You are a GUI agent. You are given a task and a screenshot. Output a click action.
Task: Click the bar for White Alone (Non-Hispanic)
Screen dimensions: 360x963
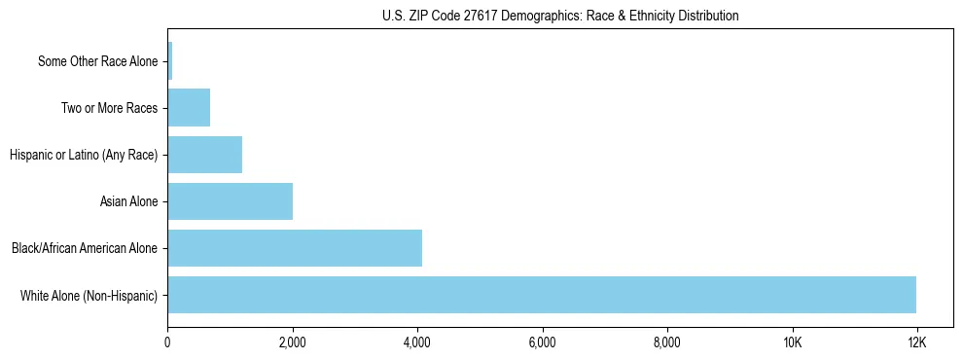pos(542,295)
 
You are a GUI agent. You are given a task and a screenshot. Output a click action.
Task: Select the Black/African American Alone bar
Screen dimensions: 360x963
pos(295,248)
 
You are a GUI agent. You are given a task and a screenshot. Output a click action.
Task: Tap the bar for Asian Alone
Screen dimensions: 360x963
pos(230,201)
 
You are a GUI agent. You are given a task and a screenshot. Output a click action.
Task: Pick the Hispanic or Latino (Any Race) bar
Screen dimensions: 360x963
pos(204,155)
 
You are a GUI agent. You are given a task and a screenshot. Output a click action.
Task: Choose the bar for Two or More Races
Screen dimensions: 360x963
pos(189,108)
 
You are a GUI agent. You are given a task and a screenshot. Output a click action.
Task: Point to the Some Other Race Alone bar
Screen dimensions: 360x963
pos(170,61)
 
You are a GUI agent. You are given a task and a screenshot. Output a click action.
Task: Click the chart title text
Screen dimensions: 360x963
pos(560,16)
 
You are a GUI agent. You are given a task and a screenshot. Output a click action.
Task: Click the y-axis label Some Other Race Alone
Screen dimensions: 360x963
pos(97,61)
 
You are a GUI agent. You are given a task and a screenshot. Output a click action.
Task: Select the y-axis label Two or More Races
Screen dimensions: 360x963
pos(109,108)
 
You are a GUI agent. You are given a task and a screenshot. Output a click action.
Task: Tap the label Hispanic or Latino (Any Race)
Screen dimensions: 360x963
pos(84,155)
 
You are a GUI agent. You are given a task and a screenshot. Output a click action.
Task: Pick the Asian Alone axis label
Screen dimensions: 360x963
pos(128,201)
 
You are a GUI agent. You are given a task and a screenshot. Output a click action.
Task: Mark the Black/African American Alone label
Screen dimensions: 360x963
pos(85,248)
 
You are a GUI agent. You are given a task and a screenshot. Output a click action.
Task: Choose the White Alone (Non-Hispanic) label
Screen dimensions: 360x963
pos(89,295)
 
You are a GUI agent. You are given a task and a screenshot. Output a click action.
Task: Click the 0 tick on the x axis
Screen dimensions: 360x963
pos(167,342)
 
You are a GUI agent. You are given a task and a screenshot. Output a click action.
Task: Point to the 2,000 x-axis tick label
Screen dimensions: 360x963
pos(292,342)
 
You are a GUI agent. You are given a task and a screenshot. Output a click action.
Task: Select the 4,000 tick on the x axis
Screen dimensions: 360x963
pos(417,342)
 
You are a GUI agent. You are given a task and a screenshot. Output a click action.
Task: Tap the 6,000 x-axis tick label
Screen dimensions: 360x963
pos(542,342)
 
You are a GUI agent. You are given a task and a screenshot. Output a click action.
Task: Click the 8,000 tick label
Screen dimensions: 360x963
pos(666,342)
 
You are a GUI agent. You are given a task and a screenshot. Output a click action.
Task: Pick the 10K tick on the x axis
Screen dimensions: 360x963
pos(792,342)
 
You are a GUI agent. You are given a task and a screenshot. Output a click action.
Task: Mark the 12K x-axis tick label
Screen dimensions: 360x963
pos(916,342)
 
